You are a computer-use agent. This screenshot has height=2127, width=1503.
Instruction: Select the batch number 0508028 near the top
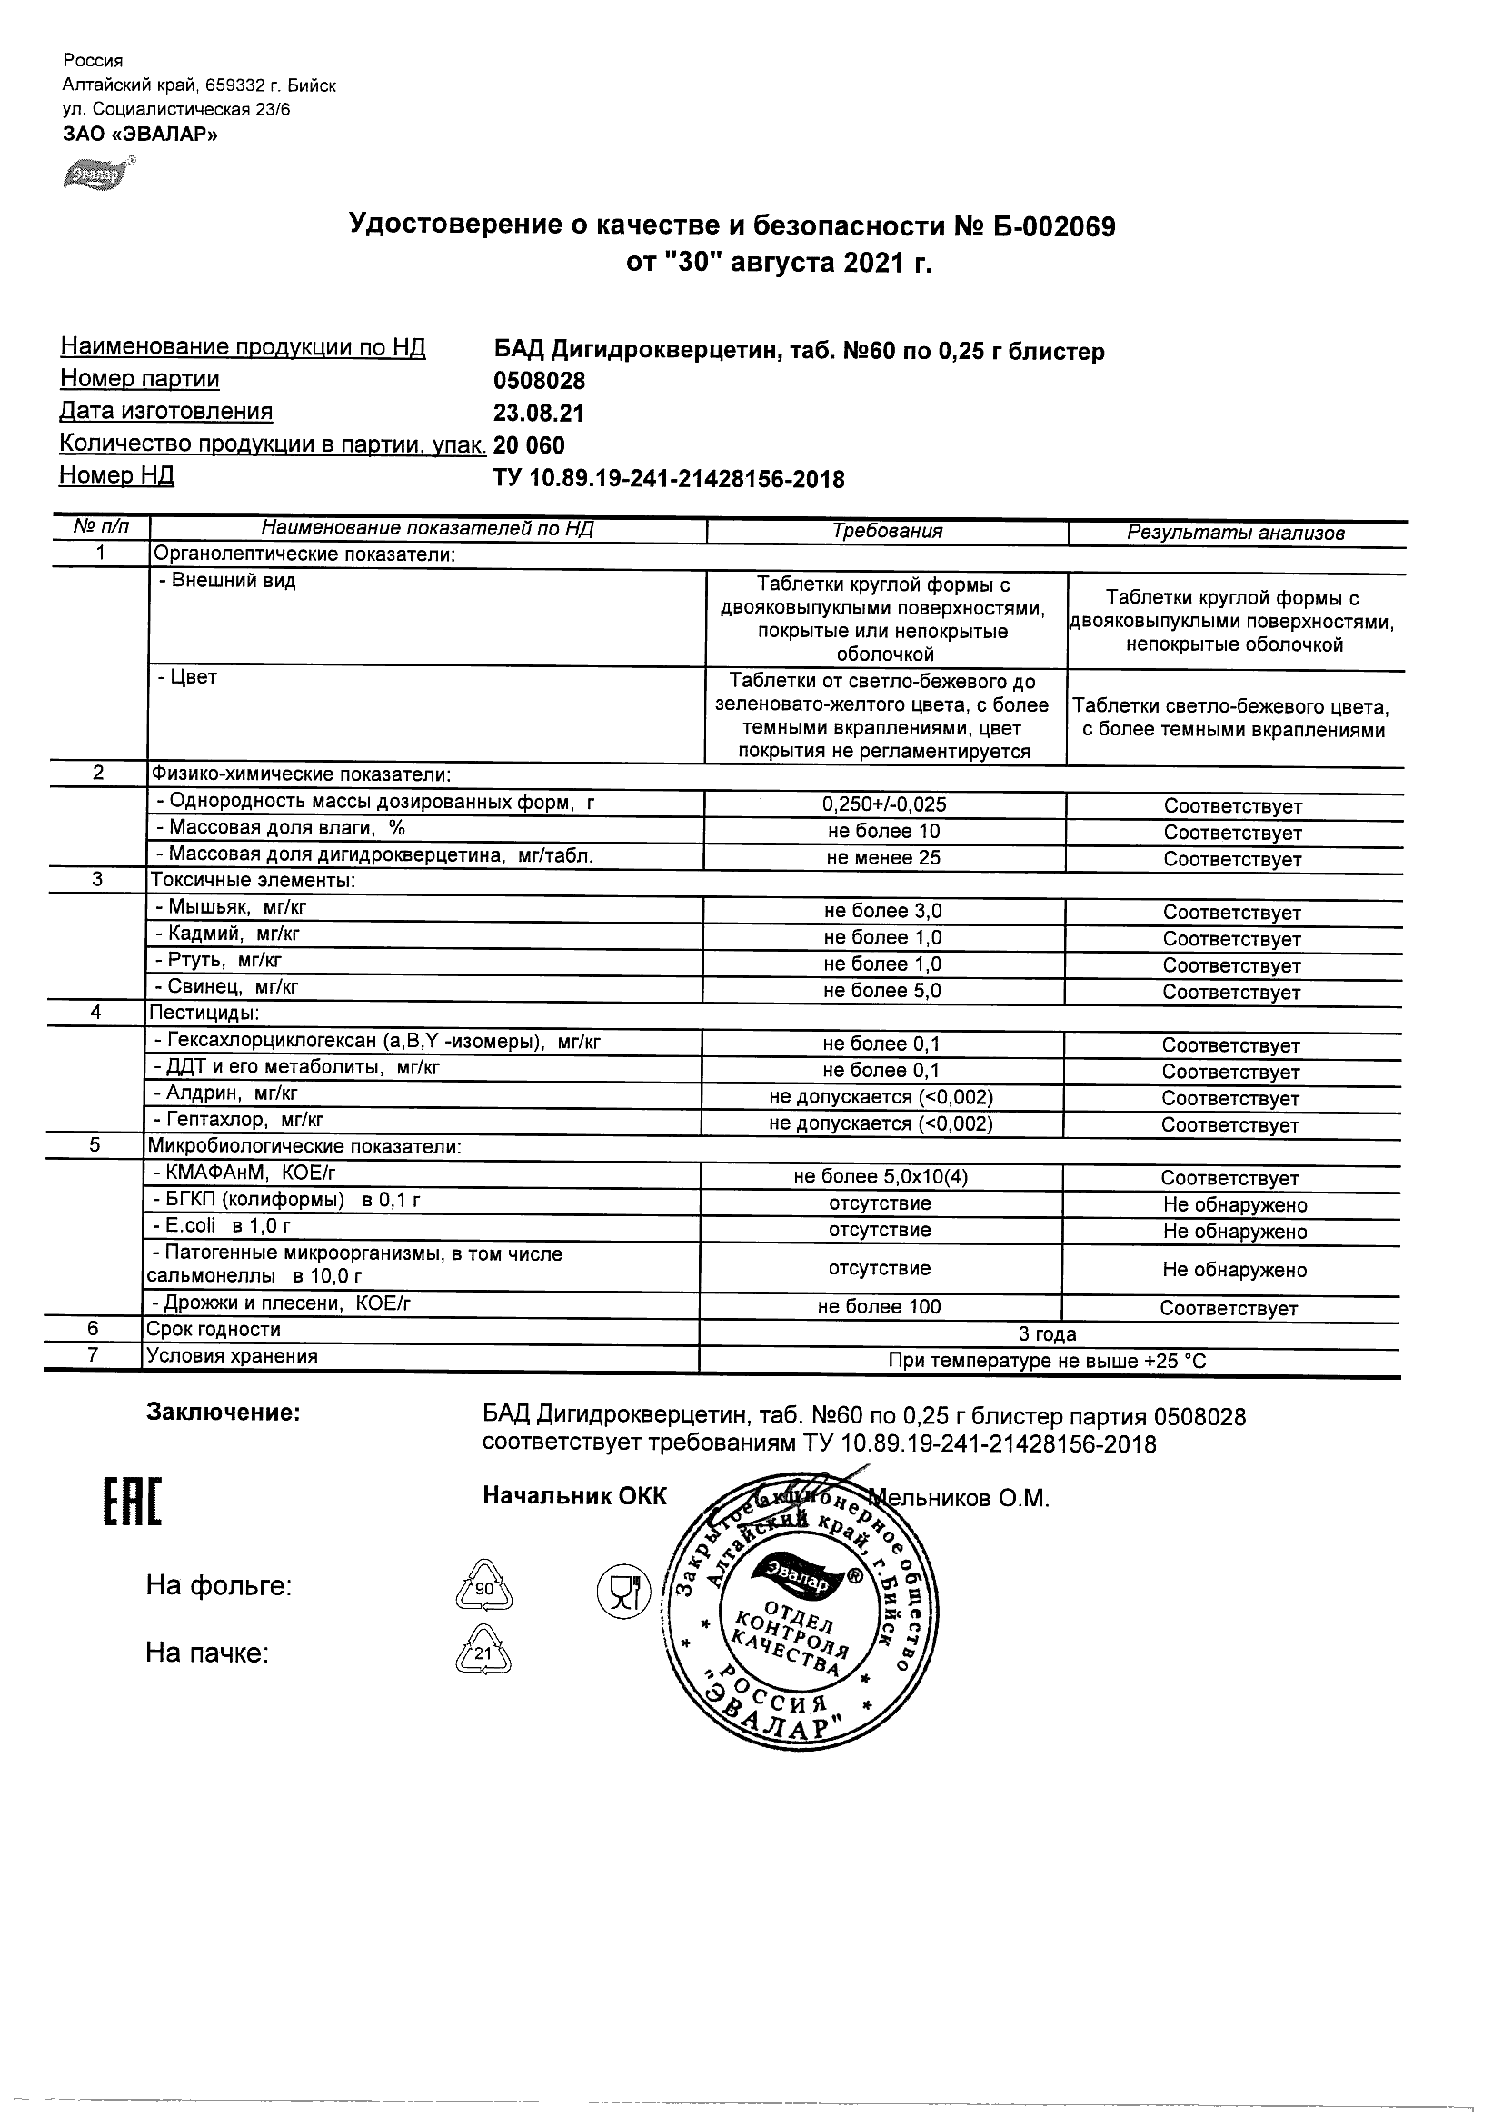[x=539, y=381]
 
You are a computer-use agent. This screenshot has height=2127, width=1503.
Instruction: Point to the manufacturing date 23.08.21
[x=539, y=414]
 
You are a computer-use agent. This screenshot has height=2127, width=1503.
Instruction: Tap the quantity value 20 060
[x=529, y=445]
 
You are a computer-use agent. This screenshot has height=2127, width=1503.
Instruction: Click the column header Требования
[x=886, y=532]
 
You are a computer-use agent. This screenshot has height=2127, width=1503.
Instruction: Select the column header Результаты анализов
[x=1235, y=533]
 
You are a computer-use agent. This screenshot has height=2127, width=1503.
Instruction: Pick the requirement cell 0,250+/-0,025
[x=883, y=805]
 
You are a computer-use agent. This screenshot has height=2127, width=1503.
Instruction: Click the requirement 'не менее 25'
[x=883, y=859]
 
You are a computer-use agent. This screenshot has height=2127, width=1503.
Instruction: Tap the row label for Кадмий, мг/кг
[x=228, y=934]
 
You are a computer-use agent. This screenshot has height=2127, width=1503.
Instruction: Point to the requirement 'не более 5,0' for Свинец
[x=882, y=992]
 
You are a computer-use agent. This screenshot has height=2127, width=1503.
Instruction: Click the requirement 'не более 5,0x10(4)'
[x=881, y=1177]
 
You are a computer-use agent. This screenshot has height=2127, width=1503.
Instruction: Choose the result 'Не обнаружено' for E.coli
[x=1234, y=1232]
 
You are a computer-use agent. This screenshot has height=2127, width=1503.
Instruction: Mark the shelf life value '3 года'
[x=1048, y=1335]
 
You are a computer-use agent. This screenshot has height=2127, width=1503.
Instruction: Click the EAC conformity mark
[x=130, y=1503]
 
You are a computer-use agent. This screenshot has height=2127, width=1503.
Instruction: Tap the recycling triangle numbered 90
[x=483, y=1588]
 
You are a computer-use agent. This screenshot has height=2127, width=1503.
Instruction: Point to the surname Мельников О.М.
[x=958, y=1499]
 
